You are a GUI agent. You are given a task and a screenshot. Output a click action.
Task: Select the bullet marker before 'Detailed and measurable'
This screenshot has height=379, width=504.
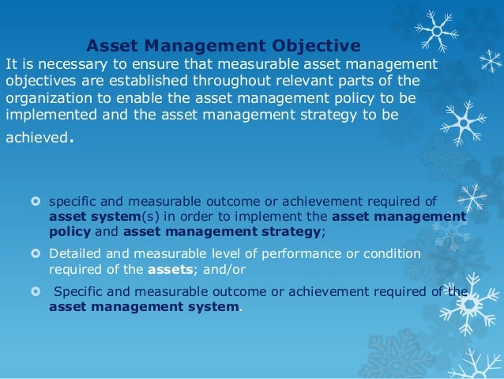[x=34, y=254]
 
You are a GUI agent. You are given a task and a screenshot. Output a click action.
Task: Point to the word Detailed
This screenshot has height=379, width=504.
[x=75, y=254]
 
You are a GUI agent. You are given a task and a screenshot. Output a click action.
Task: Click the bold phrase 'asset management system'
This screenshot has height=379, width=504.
[x=144, y=306]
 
